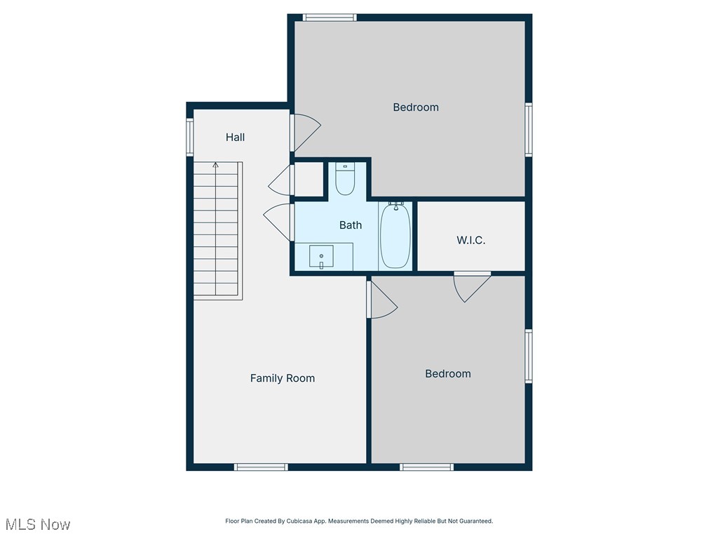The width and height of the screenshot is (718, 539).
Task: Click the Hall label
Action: [235, 138]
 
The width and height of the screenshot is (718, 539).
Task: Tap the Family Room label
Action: [283, 378]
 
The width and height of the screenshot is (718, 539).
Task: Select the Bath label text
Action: [351, 225]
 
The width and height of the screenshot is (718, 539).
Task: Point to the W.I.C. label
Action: [470, 240]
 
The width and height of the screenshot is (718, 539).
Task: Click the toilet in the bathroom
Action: [345, 180]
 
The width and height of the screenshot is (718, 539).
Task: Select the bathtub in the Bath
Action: [395, 236]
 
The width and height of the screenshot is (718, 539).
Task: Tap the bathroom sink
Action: [321, 257]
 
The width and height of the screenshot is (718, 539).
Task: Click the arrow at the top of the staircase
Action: [215, 166]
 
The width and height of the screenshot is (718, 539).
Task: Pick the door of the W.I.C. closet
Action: [471, 286]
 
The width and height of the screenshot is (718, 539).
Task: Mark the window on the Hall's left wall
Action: [189, 136]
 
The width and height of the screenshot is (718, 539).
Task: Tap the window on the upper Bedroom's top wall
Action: [330, 18]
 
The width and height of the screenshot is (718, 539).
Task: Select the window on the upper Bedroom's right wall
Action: [529, 129]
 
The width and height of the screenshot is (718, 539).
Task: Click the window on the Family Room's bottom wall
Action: [261, 467]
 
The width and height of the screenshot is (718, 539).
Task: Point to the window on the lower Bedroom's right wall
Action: [529, 357]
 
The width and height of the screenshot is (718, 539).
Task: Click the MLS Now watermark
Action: [38, 524]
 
